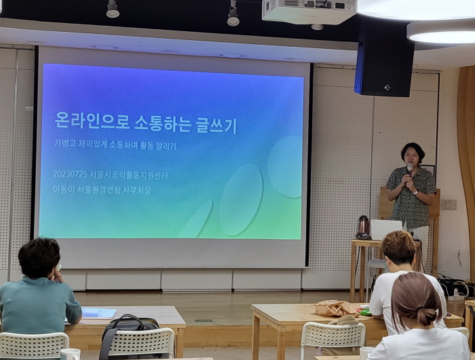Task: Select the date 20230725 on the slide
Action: pyautogui.click(x=71, y=174)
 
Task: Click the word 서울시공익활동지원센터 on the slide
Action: pyautogui.click(x=129, y=175)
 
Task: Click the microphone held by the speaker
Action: pyautogui.click(x=409, y=170)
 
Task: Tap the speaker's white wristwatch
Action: pyautogui.click(x=415, y=192)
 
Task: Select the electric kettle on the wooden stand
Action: pyautogui.click(x=362, y=227)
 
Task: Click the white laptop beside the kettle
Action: pyautogui.click(x=386, y=230)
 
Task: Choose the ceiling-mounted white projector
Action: pyautogui.click(x=309, y=12)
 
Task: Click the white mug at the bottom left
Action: pyautogui.click(x=71, y=355)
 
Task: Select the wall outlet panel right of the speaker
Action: pyautogui.click(x=449, y=204)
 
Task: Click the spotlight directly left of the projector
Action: pyautogui.click(x=233, y=15)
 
